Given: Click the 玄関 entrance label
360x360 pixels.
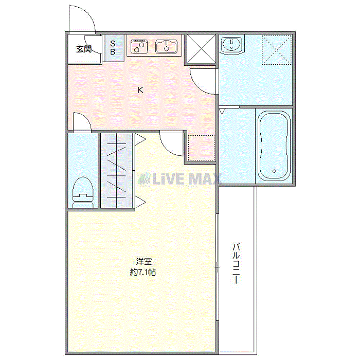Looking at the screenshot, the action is [x=84, y=49].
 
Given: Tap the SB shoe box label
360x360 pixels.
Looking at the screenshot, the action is [x=113, y=48].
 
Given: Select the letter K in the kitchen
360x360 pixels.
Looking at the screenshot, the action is [x=140, y=90].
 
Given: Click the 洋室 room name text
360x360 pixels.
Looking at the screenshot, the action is [x=143, y=261].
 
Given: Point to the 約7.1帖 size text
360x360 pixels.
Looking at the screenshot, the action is [x=143, y=272].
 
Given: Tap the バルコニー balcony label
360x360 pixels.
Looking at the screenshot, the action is [x=236, y=263].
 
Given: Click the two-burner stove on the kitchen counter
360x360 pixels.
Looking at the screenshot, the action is [x=139, y=47].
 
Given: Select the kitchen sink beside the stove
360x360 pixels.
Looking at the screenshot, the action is [x=167, y=47].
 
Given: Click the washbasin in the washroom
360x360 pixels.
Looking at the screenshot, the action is [x=231, y=45].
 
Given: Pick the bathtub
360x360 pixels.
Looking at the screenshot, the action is [x=274, y=146].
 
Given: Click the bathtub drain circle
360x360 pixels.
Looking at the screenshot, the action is [x=274, y=171].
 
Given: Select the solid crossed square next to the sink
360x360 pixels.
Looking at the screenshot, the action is [x=201, y=49].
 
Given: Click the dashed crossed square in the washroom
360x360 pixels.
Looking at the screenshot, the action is [x=277, y=50].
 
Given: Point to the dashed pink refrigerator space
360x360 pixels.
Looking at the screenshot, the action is [x=202, y=148].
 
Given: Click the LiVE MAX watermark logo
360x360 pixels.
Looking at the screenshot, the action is [x=179, y=179].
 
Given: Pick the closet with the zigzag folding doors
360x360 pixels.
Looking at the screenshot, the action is [x=117, y=171].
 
